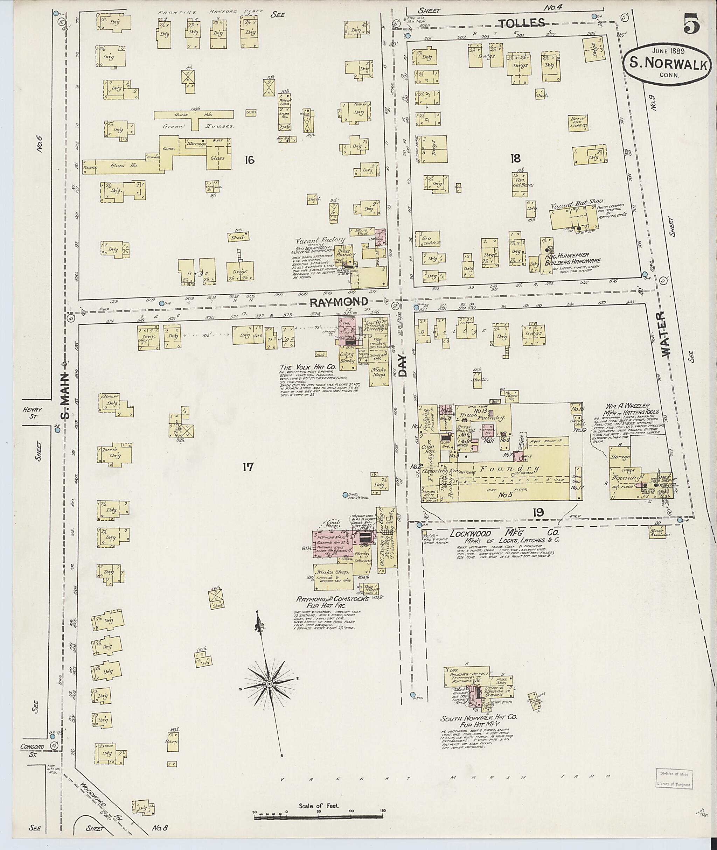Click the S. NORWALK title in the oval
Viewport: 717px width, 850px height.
pos(671,64)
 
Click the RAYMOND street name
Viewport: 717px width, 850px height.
pos(339,302)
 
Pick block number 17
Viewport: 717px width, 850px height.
pos(248,467)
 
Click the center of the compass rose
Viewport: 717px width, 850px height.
pos(269,684)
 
